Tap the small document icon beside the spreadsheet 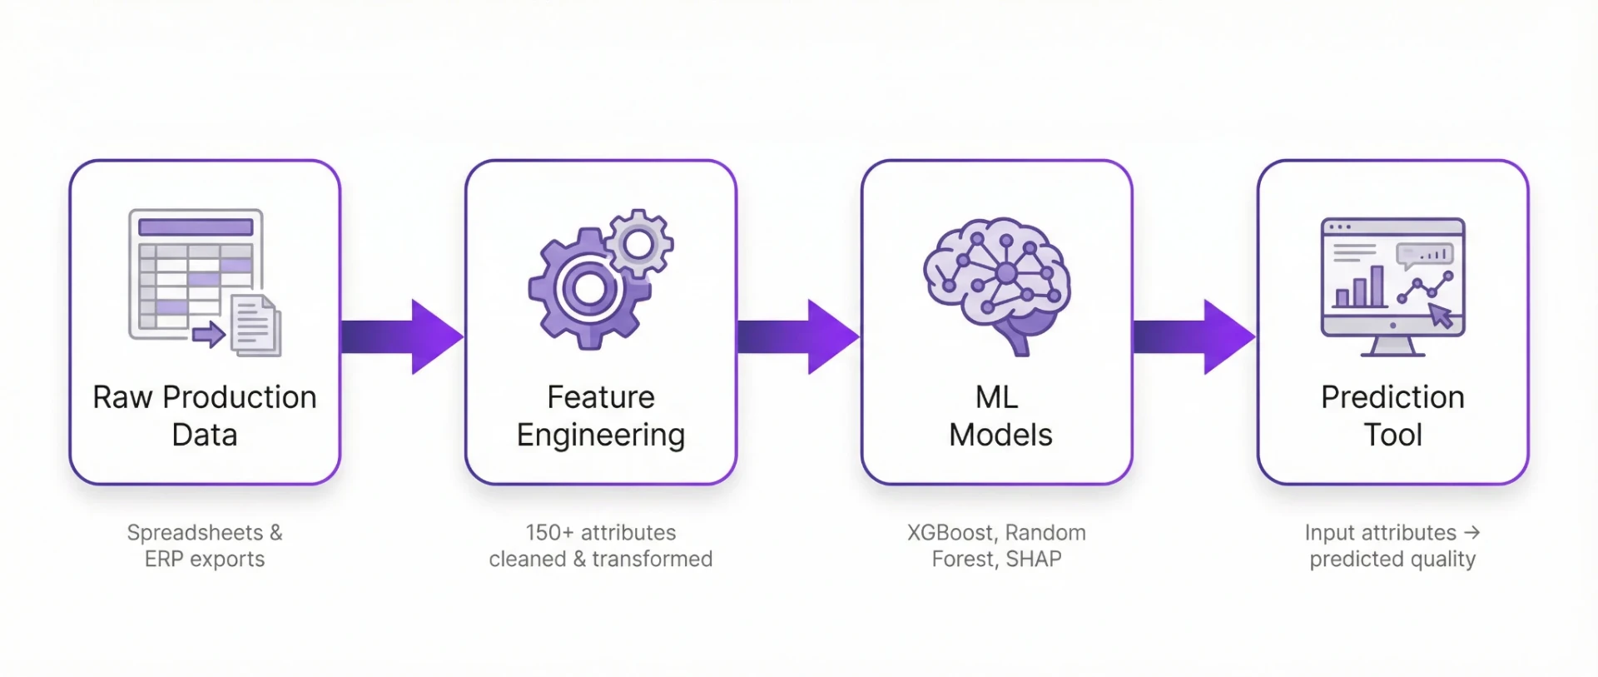256,325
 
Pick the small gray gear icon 639,243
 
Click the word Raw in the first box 122,397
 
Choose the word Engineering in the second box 601,436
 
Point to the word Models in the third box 1000,435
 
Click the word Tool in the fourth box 1392,435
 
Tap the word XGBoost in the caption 950,533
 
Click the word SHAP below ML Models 1034,560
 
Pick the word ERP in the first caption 164,560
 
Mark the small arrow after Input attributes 1471,532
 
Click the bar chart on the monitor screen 1359,288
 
